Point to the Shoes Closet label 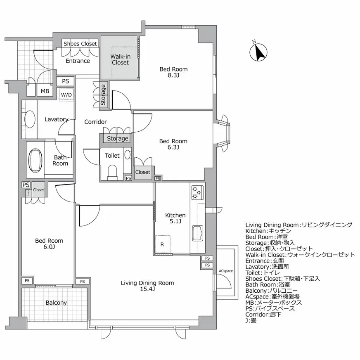pos(80,44)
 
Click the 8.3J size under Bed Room pos(173,76)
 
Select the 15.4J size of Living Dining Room pos(147,289)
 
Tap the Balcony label pos(56,303)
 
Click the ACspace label pos(226,271)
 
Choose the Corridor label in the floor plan pos(95,122)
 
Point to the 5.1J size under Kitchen pos(175,222)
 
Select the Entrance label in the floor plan pos(78,61)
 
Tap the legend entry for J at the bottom pos(251,320)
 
